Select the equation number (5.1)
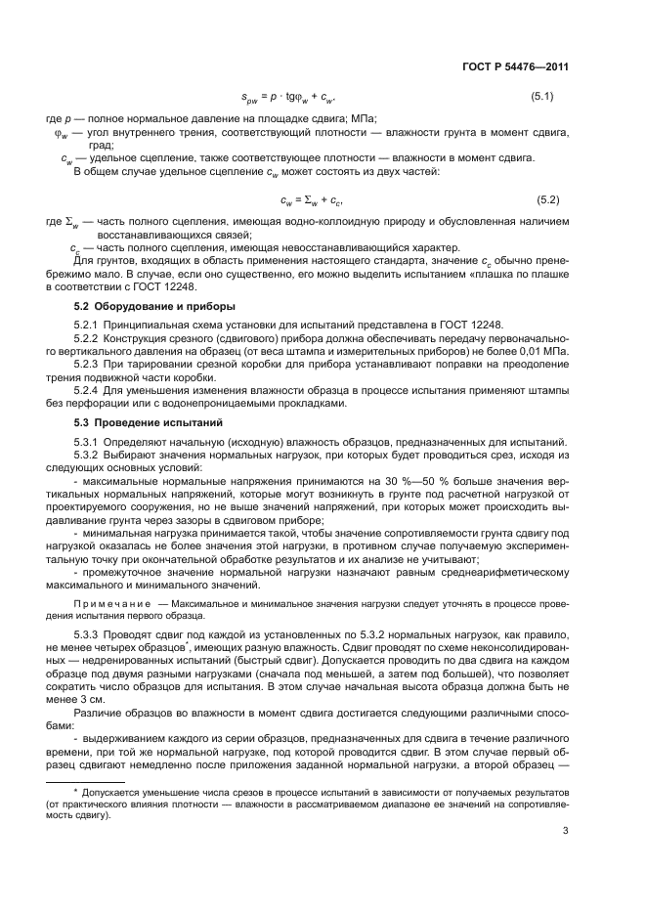(x=544, y=97)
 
